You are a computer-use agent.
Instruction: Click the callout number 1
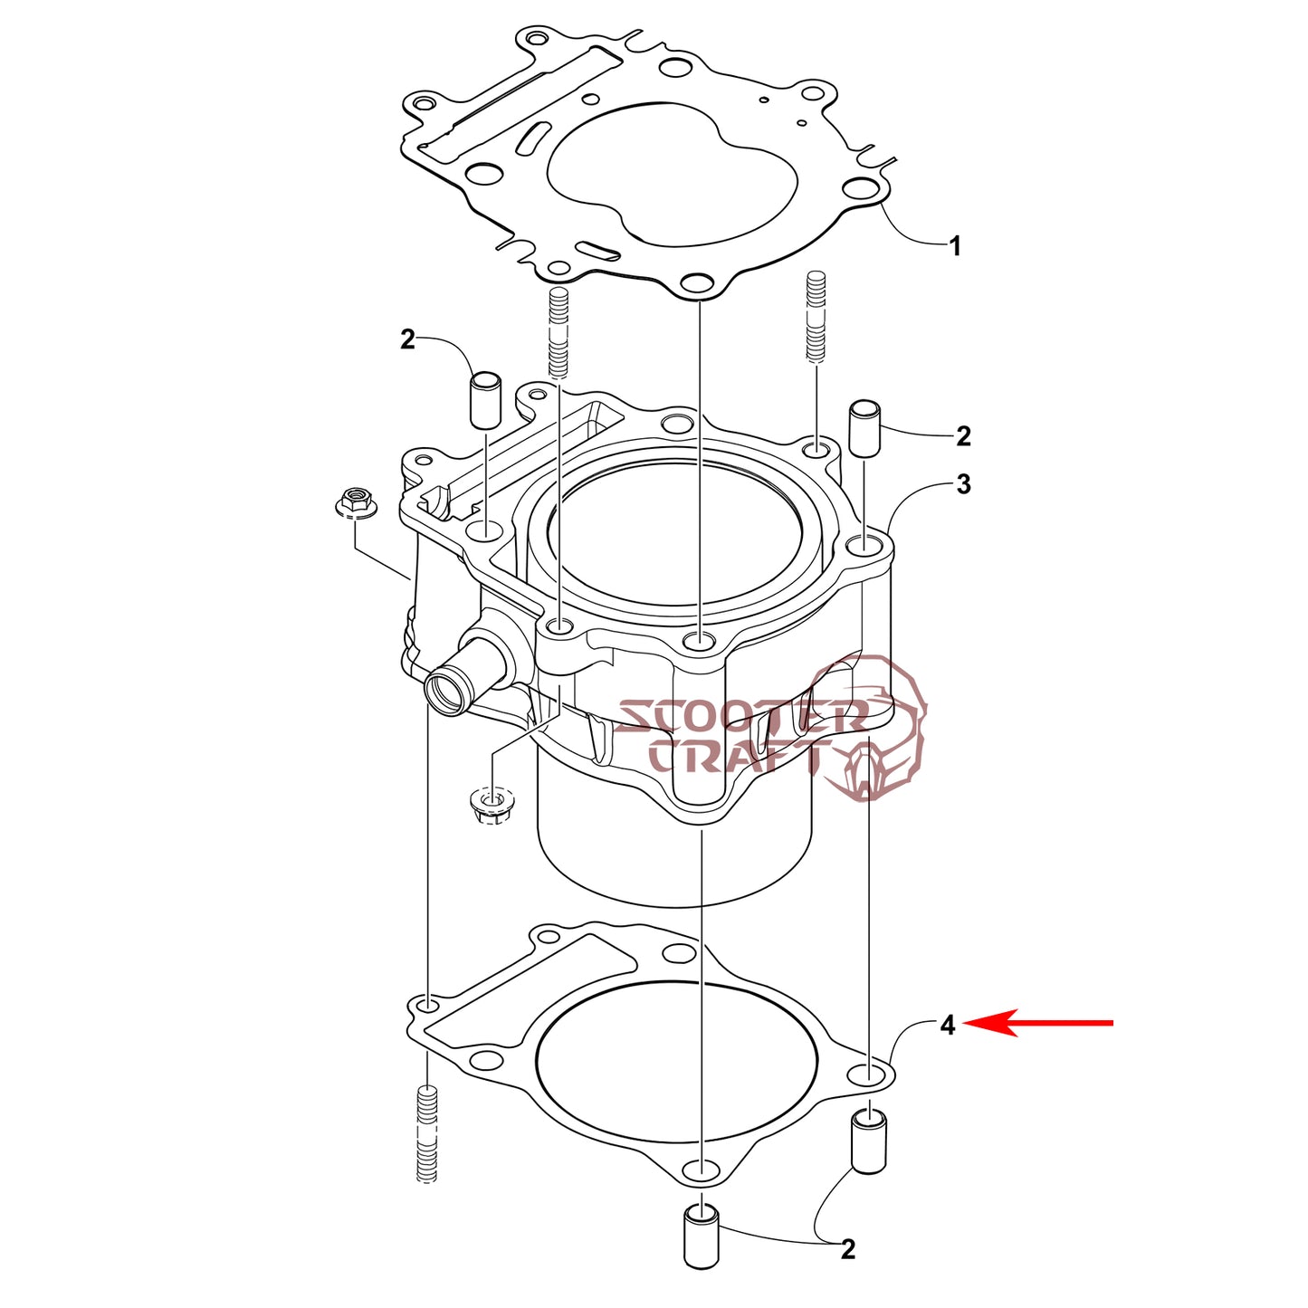point(954,246)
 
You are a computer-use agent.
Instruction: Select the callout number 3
point(963,484)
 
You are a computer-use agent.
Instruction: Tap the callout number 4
point(948,1025)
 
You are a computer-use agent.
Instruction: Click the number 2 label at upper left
point(407,339)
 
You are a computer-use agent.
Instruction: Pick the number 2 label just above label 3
point(963,436)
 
